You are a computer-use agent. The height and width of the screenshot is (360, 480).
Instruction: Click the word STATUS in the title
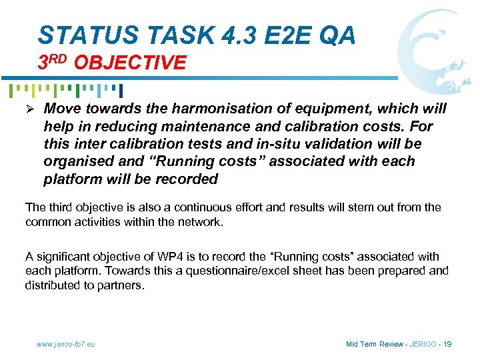click(79, 35)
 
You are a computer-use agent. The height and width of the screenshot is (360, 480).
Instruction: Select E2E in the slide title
click(273, 35)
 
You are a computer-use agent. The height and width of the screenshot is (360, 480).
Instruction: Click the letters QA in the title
click(337, 35)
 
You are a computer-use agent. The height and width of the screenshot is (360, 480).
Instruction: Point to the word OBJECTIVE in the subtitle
click(130, 63)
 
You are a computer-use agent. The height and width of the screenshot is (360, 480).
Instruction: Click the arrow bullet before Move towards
click(31, 109)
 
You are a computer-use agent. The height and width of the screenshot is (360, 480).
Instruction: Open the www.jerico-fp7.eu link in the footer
click(66, 344)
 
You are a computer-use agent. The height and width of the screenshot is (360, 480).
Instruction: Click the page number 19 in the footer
click(447, 344)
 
